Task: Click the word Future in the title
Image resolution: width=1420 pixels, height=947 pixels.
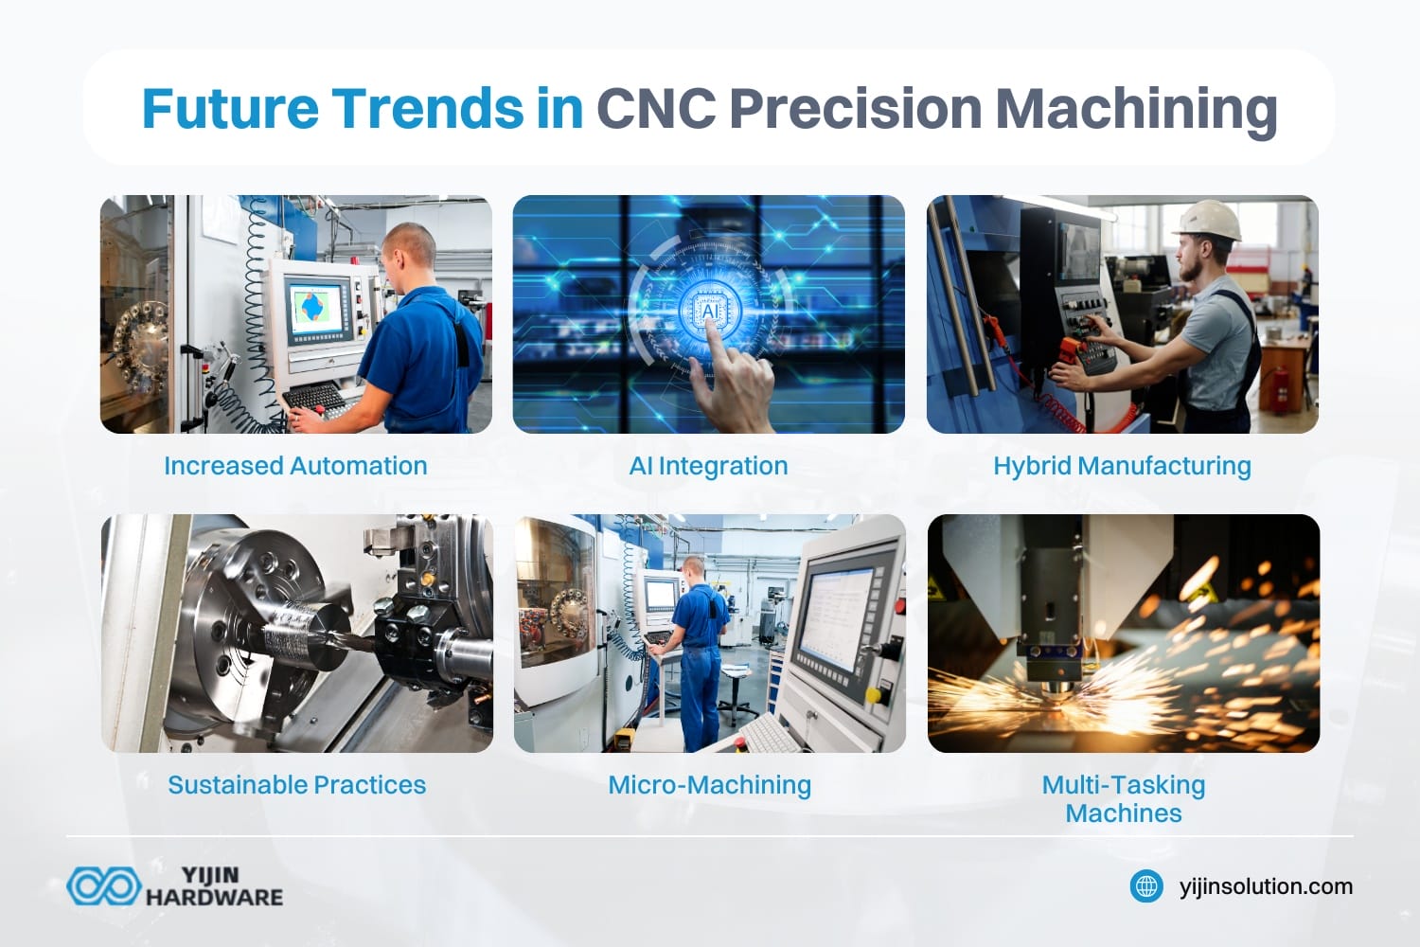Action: tap(228, 108)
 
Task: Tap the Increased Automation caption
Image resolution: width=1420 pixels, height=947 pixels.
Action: tap(295, 466)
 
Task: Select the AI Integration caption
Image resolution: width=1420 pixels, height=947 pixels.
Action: tap(708, 466)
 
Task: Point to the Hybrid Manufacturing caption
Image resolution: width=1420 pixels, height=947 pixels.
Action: tap(1122, 466)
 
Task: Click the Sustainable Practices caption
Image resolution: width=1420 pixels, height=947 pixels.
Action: tap(296, 785)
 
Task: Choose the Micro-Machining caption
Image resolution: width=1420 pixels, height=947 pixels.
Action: tap(709, 785)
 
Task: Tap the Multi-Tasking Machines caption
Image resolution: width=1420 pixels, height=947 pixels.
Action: tap(1123, 798)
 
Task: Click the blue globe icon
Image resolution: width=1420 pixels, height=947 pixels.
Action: tap(1146, 886)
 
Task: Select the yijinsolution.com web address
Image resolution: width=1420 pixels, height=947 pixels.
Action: tap(1266, 886)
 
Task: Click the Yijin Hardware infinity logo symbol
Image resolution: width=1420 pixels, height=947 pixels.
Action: tap(103, 886)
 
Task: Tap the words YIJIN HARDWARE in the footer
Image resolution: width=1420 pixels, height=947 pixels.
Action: tap(214, 886)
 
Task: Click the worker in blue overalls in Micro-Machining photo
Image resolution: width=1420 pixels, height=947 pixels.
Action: tap(699, 653)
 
